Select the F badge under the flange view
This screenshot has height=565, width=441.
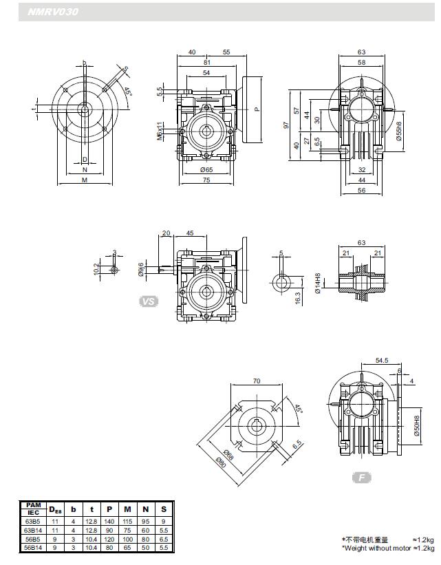pos(361,477)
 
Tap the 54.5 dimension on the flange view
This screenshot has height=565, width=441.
pos(382,360)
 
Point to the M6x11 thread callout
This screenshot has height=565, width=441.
pos(159,131)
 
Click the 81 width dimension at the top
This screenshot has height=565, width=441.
pos(207,61)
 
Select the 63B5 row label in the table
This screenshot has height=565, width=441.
pos(33,521)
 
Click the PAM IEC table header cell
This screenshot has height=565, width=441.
pos(33,509)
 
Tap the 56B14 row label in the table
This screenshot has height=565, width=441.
pos(33,548)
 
